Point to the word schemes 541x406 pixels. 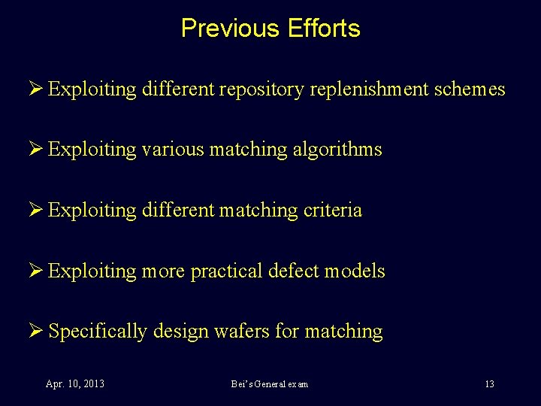click(x=470, y=89)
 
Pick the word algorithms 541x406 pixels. click(x=337, y=150)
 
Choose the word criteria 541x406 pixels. click(x=332, y=210)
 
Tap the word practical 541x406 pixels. click(x=230, y=271)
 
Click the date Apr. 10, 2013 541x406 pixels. click(x=74, y=384)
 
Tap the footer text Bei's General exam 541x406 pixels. click(x=270, y=384)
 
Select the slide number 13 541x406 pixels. click(x=489, y=384)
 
